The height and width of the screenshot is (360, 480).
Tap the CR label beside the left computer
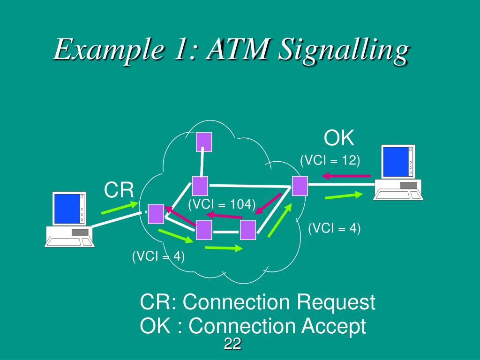[119, 191]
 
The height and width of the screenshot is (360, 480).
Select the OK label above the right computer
[339, 139]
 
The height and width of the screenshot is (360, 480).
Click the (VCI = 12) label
[330, 160]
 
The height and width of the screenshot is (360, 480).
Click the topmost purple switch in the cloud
[204, 142]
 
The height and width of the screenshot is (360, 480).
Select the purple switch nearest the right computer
[300, 186]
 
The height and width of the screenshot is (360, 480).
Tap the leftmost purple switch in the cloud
[156, 214]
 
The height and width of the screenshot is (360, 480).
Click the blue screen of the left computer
[66, 209]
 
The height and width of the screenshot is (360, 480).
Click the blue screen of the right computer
[395, 162]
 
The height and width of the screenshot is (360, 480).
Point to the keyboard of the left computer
[69, 242]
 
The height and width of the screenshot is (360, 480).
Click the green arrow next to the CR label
[120, 208]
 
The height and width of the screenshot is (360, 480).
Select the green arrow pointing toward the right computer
[344, 195]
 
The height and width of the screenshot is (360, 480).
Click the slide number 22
[232, 344]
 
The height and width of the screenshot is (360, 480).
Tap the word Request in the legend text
[336, 302]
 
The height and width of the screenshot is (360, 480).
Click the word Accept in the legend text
[333, 326]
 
